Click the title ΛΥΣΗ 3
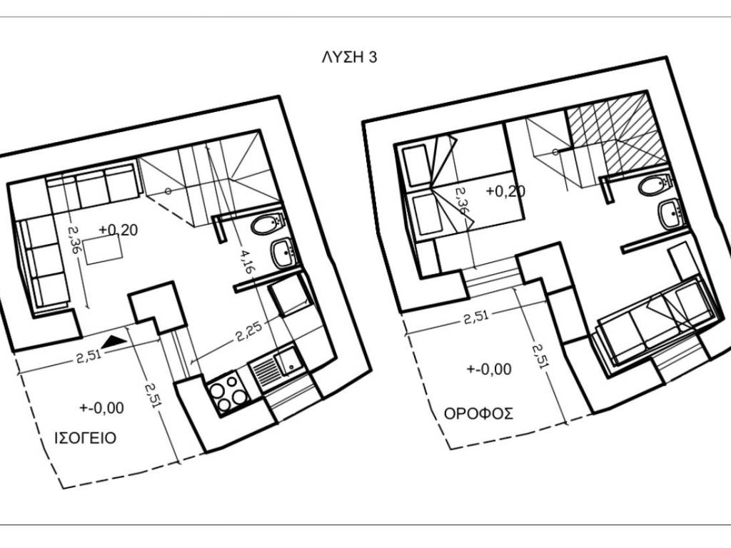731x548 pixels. pos(349,57)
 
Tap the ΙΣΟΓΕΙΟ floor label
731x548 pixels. pos(86,439)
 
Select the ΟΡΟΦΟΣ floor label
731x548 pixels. pos(478,414)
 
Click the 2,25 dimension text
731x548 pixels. pos(248,330)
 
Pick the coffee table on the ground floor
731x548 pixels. pos(103,249)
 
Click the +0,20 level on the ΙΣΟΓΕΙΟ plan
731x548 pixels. pos(119,230)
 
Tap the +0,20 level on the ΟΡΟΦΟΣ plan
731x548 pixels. pos(505,191)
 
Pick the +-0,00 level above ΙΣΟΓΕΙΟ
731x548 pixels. pos(101,408)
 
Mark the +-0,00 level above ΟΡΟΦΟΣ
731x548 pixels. pos(489,369)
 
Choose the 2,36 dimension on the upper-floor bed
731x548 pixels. pos(462,201)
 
